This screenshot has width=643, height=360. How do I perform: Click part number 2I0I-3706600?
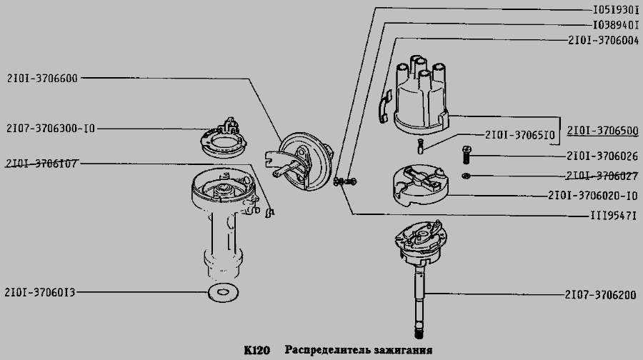pos(41,78)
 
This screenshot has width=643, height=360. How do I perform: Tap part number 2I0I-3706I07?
pos(41,164)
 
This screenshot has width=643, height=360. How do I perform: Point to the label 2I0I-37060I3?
pos(40,292)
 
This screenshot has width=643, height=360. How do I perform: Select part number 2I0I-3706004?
pos(603,41)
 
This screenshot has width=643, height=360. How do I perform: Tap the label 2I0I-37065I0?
pos(520,134)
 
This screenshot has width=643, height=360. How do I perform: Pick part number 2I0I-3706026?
pos(602,156)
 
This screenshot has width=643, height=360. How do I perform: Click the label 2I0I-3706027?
pos(602,176)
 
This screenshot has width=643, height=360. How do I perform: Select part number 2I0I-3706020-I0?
pos(593,195)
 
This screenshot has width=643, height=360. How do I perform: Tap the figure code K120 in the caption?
pos(256,351)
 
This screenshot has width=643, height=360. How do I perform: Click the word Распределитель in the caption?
pos(327,351)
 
